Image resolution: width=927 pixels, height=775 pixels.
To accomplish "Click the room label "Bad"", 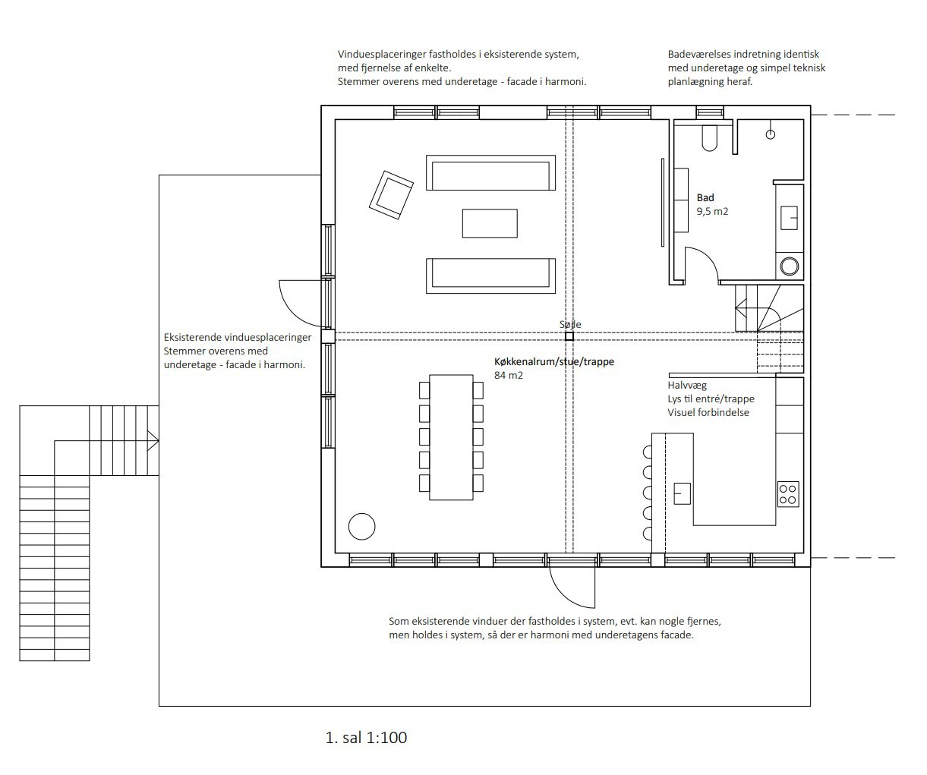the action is point(705,197).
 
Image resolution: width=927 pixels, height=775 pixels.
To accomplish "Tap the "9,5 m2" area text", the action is point(712,211).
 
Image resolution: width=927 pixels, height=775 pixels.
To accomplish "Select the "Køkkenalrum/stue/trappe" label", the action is point(554,361).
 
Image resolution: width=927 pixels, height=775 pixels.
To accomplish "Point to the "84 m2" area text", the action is point(509,375).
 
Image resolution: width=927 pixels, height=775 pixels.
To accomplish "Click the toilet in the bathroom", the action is point(709,138).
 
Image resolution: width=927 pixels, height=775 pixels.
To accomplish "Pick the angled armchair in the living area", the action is point(391,195).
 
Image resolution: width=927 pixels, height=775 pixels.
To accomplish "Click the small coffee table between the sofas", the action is point(490,223).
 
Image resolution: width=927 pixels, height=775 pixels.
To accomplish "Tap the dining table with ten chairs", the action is point(451,437).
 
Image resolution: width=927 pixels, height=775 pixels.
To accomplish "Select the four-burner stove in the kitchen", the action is point(788,494).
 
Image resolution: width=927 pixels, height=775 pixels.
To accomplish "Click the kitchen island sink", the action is point(683,493).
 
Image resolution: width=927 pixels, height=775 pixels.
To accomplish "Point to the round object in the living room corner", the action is point(362,527).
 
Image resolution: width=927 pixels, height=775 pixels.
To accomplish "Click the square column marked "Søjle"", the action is point(569,336).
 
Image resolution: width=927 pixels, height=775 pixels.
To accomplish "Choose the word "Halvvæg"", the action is point(687,386).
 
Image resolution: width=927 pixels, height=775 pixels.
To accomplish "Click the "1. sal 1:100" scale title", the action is point(366,737).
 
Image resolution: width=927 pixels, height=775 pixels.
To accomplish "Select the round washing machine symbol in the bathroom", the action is point(790,266).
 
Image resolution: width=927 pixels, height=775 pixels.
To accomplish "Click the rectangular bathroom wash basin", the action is point(789,218).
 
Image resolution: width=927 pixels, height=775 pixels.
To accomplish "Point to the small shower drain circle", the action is point(771,134).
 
